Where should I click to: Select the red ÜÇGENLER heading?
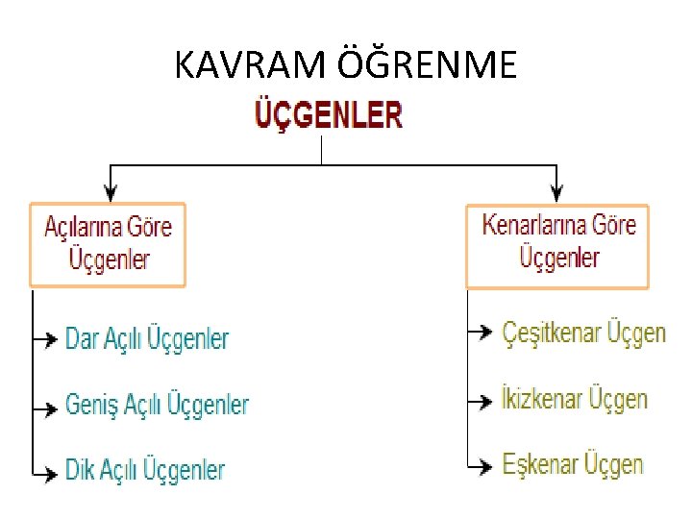[x=328, y=116]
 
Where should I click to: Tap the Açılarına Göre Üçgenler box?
[x=108, y=244]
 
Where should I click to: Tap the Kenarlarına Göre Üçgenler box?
[x=557, y=245]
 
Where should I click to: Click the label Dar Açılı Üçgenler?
[x=147, y=339]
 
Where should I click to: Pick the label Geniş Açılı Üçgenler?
[x=157, y=405]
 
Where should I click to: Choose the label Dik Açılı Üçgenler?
[x=145, y=471]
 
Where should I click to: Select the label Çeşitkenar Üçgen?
[x=583, y=334]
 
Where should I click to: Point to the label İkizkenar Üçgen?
[x=575, y=399]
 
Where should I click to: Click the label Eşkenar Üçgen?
[x=573, y=464]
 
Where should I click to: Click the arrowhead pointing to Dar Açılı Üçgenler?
[x=51, y=339]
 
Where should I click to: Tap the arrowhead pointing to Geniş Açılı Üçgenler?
[x=51, y=408]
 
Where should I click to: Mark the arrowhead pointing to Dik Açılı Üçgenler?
[x=51, y=473]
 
